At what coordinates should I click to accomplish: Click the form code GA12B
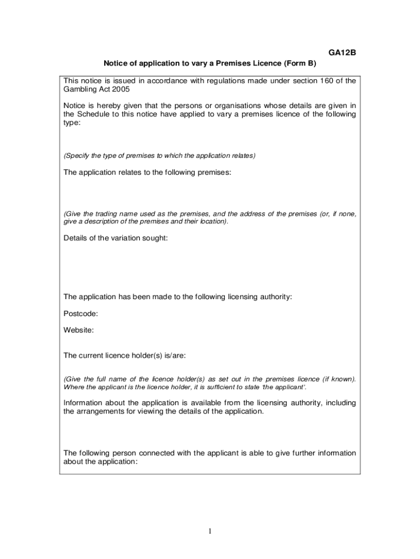(341, 53)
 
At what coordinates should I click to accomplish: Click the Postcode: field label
(81, 313)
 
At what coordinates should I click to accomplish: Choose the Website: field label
(79, 330)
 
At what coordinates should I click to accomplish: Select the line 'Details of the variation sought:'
(116, 239)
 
